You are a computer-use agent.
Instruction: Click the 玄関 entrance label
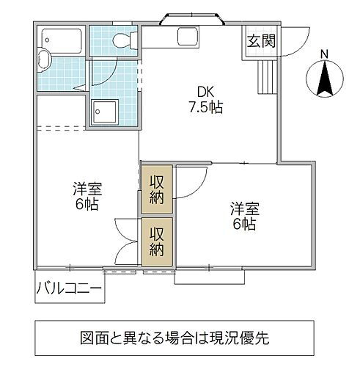pos(260,42)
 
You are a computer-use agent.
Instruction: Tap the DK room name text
pos(205,92)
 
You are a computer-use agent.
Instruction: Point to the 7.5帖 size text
pos(205,107)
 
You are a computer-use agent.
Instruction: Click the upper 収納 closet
pos(158,189)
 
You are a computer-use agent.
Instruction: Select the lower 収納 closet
pos(158,241)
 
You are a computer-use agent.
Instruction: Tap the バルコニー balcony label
pos(69,288)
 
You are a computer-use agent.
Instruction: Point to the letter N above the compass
pos(326,53)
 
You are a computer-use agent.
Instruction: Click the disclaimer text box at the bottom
pos(179,338)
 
